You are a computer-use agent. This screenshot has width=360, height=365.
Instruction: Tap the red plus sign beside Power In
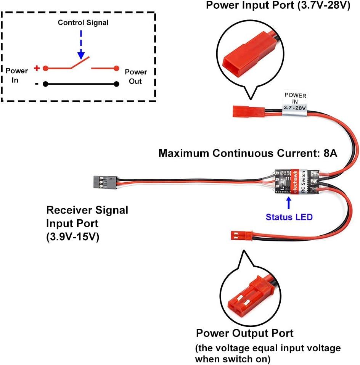tap(37, 68)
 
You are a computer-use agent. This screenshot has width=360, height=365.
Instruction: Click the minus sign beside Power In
tap(37, 84)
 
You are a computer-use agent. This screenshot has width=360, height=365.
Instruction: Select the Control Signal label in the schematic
tap(83, 23)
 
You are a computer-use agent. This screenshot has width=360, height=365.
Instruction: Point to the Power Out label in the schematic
tap(136, 76)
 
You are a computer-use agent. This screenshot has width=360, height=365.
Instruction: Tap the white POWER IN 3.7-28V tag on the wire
tap(295, 101)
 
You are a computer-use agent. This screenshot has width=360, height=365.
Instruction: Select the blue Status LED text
tap(289, 217)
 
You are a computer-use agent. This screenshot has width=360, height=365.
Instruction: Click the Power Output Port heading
tap(244, 333)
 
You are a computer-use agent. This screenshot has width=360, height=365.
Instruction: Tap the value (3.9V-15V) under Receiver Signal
tap(72, 236)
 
